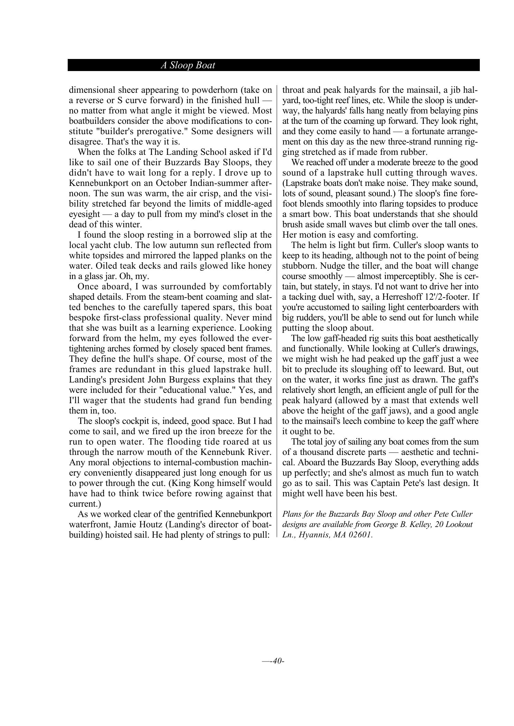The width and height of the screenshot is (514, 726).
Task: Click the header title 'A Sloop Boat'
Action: pyautogui.click(x=188, y=65)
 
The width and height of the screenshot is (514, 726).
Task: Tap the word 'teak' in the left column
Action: pyautogui.click(x=123, y=266)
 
